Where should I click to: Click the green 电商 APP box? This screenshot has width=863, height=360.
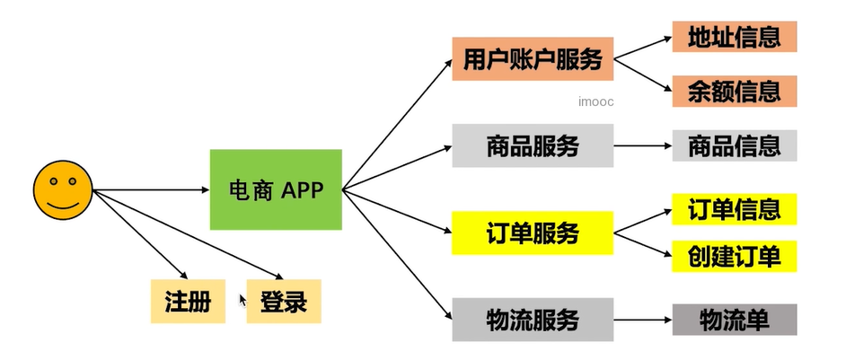click(x=276, y=189)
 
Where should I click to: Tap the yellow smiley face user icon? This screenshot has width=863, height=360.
click(x=62, y=189)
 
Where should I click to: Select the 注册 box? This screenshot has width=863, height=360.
click(x=188, y=302)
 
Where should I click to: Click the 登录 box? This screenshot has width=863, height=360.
click(x=283, y=302)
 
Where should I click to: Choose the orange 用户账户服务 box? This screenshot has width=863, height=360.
click(x=532, y=59)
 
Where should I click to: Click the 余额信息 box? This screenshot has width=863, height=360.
click(x=734, y=91)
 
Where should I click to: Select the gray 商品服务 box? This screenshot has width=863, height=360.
click(x=532, y=145)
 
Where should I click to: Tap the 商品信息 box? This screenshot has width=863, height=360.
click(x=734, y=145)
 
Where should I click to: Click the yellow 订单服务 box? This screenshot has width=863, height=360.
click(x=532, y=233)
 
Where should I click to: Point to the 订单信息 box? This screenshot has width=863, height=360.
click(x=734, y=209)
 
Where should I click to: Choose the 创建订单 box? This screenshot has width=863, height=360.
click(x=734, y=256)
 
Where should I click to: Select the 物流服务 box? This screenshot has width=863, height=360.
click(x=532, y=320)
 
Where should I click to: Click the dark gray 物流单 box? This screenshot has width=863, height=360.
click(x=734, y=320)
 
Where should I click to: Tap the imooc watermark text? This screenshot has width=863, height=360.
click(x=596, y=102)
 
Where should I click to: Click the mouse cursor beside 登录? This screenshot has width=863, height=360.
click(x=242, y=300)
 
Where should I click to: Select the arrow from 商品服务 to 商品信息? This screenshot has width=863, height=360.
click(x=642, y=145)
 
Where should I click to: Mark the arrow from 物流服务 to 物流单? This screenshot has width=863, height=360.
click(x=642, y=320)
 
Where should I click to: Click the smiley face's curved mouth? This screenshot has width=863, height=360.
click(x=62, y=206)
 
